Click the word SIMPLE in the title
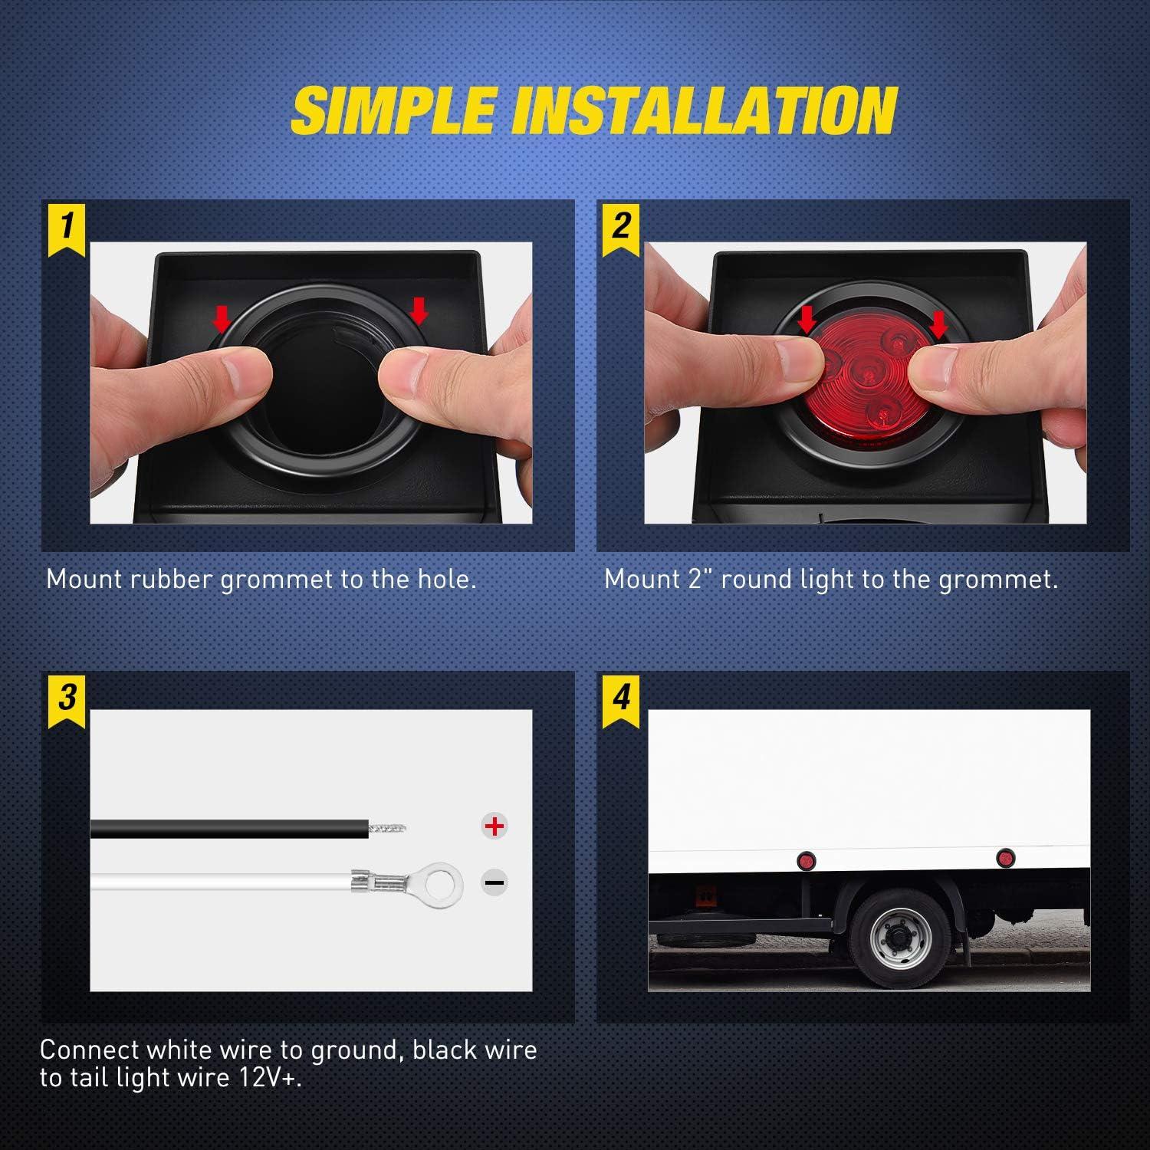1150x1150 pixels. (393, 110)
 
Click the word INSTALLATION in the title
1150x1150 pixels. (704, 110)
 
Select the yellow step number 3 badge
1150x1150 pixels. (67, 698)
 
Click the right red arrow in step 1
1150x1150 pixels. (419, 310)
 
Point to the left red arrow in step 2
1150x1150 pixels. (806, 319)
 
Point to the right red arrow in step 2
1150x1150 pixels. (938, 324)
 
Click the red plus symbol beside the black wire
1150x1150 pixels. (495, 826)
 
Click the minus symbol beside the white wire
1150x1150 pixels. (495, 882)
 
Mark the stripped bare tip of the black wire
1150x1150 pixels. (387, 827)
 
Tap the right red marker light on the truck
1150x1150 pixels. (1004, 857)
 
